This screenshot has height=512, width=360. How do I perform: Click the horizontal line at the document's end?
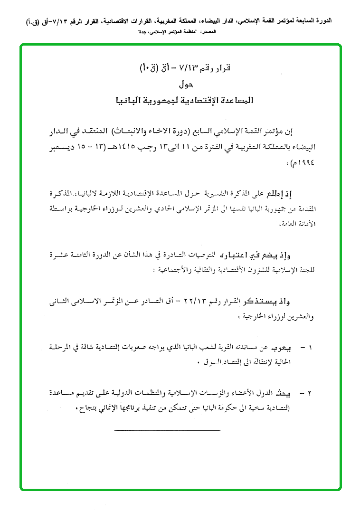coord(167,430)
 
